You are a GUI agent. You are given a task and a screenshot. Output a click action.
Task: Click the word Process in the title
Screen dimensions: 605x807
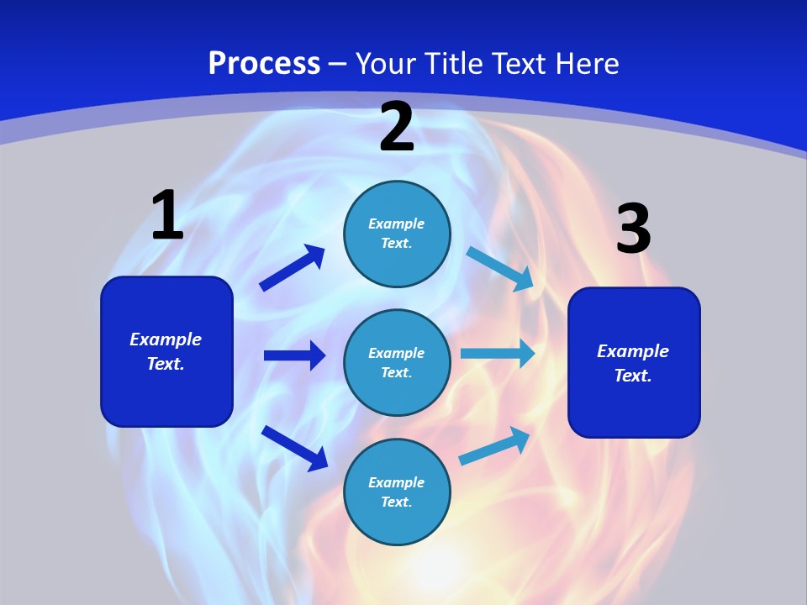click(264, 64)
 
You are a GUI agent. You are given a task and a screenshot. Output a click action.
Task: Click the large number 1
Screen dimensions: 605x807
click(167, 216)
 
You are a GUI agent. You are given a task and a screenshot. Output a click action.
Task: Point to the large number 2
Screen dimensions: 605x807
click(397, 128)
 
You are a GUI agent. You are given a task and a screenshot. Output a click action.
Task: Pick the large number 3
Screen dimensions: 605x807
click(633, 229)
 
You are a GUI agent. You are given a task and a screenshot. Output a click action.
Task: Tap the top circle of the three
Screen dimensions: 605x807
click(397, 234)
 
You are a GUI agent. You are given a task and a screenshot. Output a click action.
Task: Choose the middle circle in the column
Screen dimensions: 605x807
click(397, 362)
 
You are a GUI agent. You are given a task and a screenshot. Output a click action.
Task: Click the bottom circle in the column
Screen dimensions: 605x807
click(397, 492)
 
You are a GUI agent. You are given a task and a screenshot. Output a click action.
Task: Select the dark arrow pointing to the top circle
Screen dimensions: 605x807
click(293, 268)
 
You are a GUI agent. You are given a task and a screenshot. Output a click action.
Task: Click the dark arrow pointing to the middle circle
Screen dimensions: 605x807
click(294, 355)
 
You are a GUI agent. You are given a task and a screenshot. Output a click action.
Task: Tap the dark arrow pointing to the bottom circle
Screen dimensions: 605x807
click(294, 448)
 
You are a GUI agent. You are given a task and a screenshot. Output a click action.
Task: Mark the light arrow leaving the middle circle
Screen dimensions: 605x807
click(498, 354)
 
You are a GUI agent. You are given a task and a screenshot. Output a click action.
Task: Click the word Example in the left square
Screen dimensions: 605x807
click(166, 339)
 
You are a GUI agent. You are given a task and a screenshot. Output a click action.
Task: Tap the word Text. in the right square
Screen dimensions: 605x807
click(633, 376)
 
